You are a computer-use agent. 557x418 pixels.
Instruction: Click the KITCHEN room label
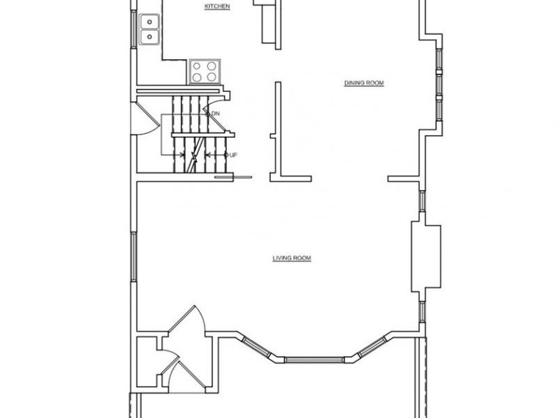(x=217, y=6)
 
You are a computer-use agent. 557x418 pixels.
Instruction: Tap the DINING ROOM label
(x=364, y=83)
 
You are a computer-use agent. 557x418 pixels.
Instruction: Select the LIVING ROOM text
(x=292, y=258)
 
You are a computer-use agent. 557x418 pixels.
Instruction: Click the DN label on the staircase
(x=216, y=114)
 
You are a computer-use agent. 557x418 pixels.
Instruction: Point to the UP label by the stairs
(x=233, y=155)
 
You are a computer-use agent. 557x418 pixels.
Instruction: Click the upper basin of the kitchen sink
(x=150, y=22)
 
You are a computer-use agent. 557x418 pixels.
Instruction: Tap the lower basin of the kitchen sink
(x=150, y=37)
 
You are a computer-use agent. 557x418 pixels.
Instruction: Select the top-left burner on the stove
(x=197, y=66)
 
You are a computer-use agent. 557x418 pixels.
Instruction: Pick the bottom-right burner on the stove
(x=212, y=77)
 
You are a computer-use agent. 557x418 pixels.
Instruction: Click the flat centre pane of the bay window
(x=315, y=360)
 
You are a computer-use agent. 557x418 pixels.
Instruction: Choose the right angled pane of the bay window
(x=372, y=346)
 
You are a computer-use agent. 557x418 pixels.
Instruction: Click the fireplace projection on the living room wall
(x=426, y=256)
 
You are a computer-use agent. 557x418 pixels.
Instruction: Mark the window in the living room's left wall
(x=134, y=256)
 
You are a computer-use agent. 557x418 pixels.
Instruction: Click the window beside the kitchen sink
(x=134, y=29)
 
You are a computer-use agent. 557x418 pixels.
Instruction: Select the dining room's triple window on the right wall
(x=439, y=84)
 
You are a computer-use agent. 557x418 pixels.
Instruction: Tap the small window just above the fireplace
(x=423, y=201)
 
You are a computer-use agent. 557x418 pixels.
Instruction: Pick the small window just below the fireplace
(x=423, y=311)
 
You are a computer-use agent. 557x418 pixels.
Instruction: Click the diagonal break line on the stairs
(x=196, y=155)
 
